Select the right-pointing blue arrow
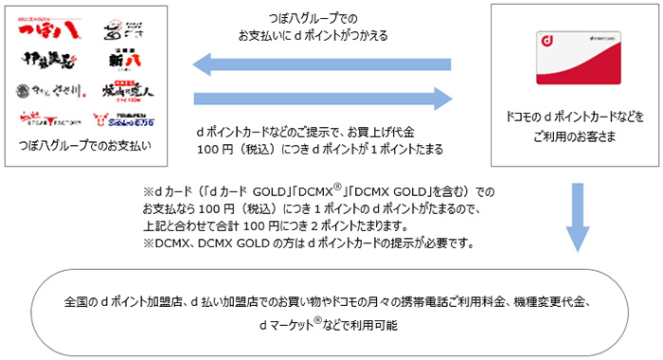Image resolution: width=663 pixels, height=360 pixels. [323, 97]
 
